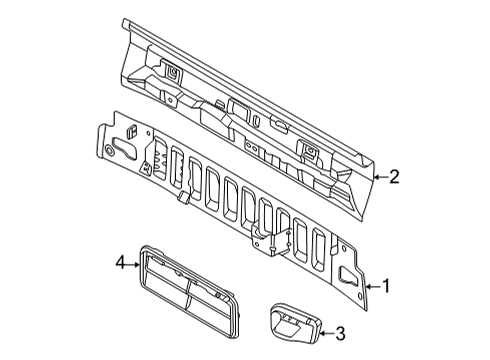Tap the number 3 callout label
[340, 333]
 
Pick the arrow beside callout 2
[376, 178]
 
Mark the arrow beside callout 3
[323, 333]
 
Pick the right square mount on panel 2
[311, 151]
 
